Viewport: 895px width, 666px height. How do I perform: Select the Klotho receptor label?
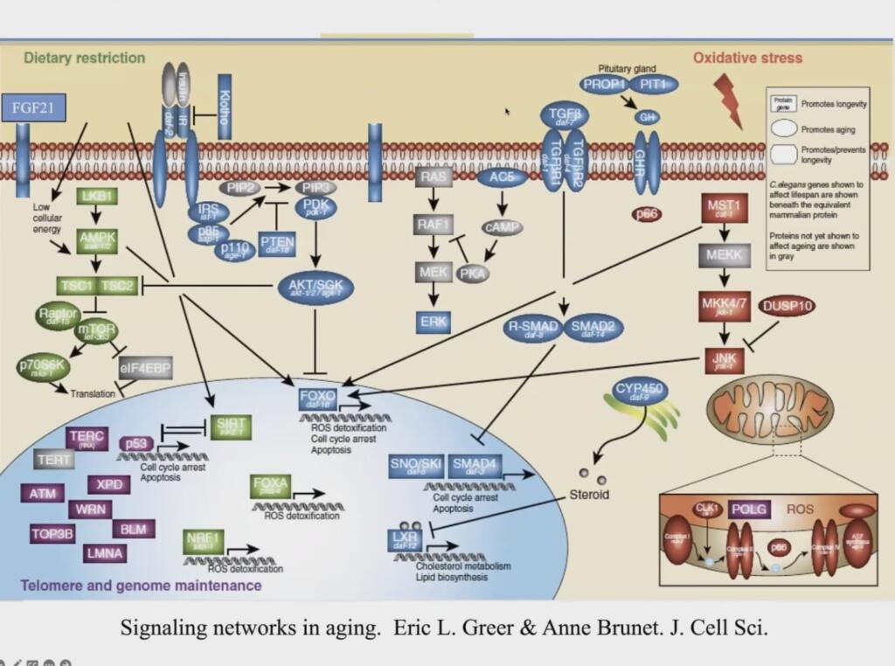(224, 109)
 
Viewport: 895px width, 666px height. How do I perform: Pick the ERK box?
(434, 321)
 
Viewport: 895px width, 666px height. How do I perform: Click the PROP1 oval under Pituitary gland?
(604, 85)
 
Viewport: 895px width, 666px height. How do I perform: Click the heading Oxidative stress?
(747, 59)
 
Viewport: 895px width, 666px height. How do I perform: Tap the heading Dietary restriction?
(84, 58)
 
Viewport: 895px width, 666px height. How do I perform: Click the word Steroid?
(589, 494)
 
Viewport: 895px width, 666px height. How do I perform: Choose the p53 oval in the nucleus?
(136, 444)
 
